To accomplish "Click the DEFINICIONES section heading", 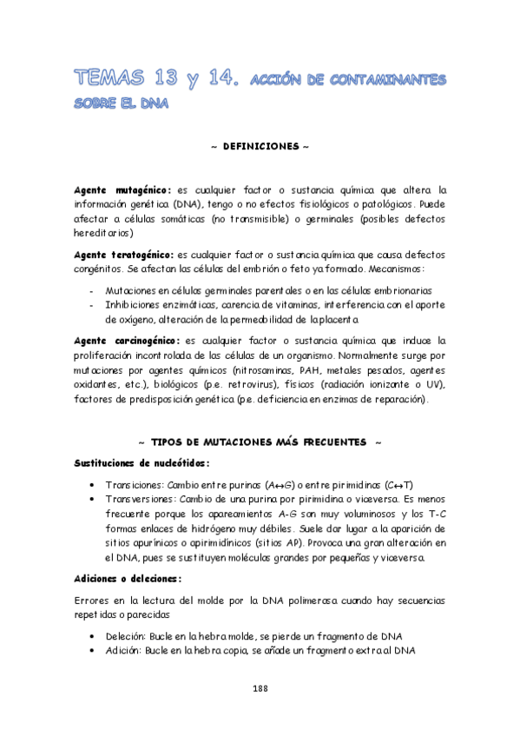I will (x=260, y=147).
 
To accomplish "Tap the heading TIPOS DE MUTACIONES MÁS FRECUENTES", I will (x=260, y=442).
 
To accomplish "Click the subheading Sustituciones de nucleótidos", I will (x=141, y=462).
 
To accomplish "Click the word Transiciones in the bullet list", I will (x=133, y=484).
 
